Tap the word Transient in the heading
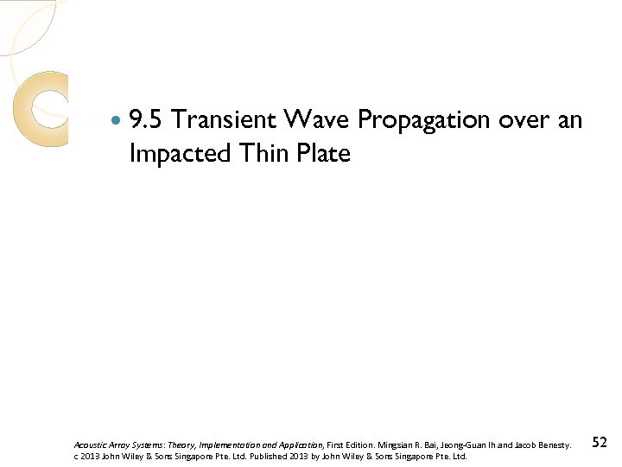click(x=226, y=119)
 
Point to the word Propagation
click(x=423, y=121)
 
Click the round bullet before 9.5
click(x=117, y=119)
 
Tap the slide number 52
click(x=600, y=442)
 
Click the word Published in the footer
click(x=273, y=456)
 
